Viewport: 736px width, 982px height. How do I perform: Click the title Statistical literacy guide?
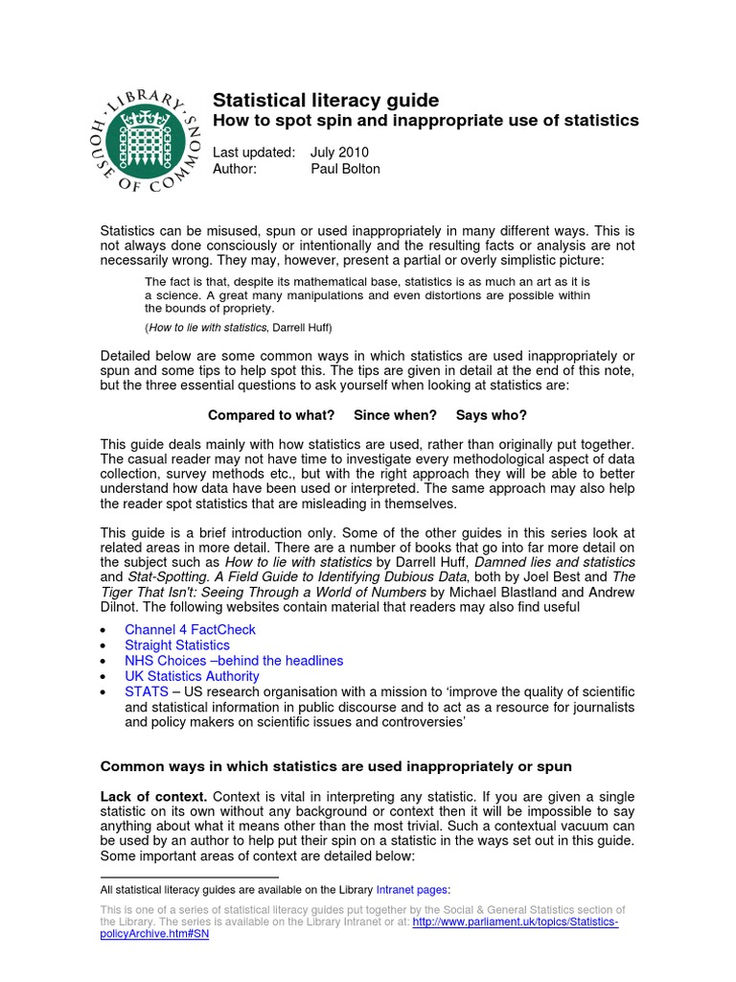(x=325, y=100)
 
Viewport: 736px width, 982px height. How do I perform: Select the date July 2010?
(x=340, y=152)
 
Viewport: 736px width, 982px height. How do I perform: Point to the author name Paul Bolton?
(x=345, y=169)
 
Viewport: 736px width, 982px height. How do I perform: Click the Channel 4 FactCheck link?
(x=190, y=630)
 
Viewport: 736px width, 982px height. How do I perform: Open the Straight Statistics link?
(x=177, y=645)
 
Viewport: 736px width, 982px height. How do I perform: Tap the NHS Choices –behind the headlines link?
(x=234, y=661)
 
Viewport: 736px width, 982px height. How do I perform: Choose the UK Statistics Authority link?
(x=192, y=676)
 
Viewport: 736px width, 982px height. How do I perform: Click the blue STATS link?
(x=146, y=691)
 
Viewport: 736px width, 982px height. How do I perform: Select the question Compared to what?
(x=271, y=415)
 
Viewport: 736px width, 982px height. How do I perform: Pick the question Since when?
(x=395, y=415)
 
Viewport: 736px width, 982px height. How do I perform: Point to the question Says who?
(x=491, y=415)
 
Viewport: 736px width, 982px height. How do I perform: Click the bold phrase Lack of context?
(x=153, y=797)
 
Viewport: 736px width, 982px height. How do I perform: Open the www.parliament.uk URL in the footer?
(x=516, y=922)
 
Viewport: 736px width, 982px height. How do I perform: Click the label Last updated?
(x=254, y=152)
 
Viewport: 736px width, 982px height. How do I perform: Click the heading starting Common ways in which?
(x=335, y=766)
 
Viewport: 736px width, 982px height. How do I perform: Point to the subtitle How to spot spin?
(x=425, y=121)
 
